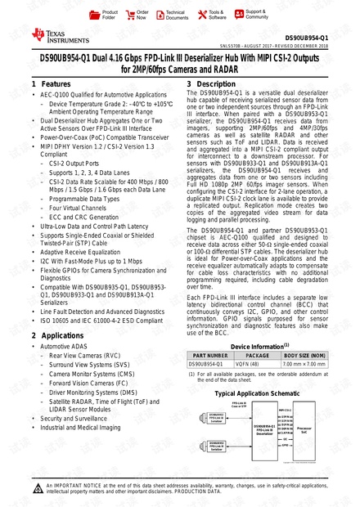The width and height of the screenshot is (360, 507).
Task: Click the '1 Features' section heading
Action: coord(51,85)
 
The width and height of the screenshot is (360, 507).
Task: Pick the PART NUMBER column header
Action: coord(209,356)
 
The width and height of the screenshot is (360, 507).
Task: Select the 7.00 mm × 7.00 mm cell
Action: coord(304,365)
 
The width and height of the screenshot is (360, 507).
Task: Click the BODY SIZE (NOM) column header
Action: coord(304,356)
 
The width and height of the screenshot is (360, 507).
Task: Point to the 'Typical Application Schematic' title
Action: coord(258,393)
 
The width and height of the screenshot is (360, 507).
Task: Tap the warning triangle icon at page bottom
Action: coord(38,490)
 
